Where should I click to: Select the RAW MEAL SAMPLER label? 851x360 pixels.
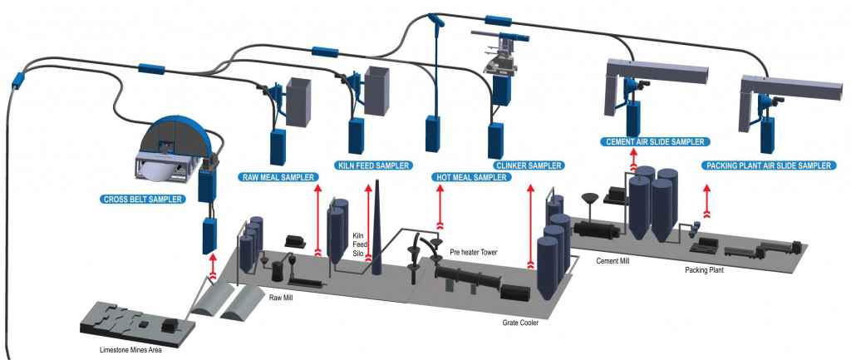coord(278,177)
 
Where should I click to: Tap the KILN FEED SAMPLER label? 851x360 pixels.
coord(374,165)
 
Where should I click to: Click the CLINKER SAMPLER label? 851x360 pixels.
coord(529,165)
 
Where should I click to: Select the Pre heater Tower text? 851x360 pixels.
coord(474,251)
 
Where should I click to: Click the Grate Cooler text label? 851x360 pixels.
coord(520,323)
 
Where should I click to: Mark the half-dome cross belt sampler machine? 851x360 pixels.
coord(174,150)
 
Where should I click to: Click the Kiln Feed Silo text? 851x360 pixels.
coord(359,243)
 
